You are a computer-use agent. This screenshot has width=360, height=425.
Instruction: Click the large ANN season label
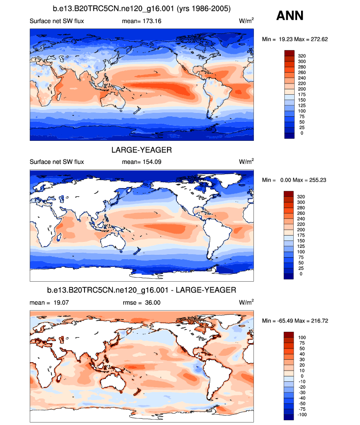pos(290,16)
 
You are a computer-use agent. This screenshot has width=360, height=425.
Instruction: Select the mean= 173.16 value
pos(141,22)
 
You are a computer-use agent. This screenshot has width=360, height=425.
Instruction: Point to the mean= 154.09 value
pos(141,162)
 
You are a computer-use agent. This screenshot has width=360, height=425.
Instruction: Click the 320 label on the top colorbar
pos(303,56)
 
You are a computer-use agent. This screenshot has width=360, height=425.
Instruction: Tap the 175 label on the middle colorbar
pos(303,235)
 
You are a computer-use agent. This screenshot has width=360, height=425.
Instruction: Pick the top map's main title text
pos(141,9)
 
